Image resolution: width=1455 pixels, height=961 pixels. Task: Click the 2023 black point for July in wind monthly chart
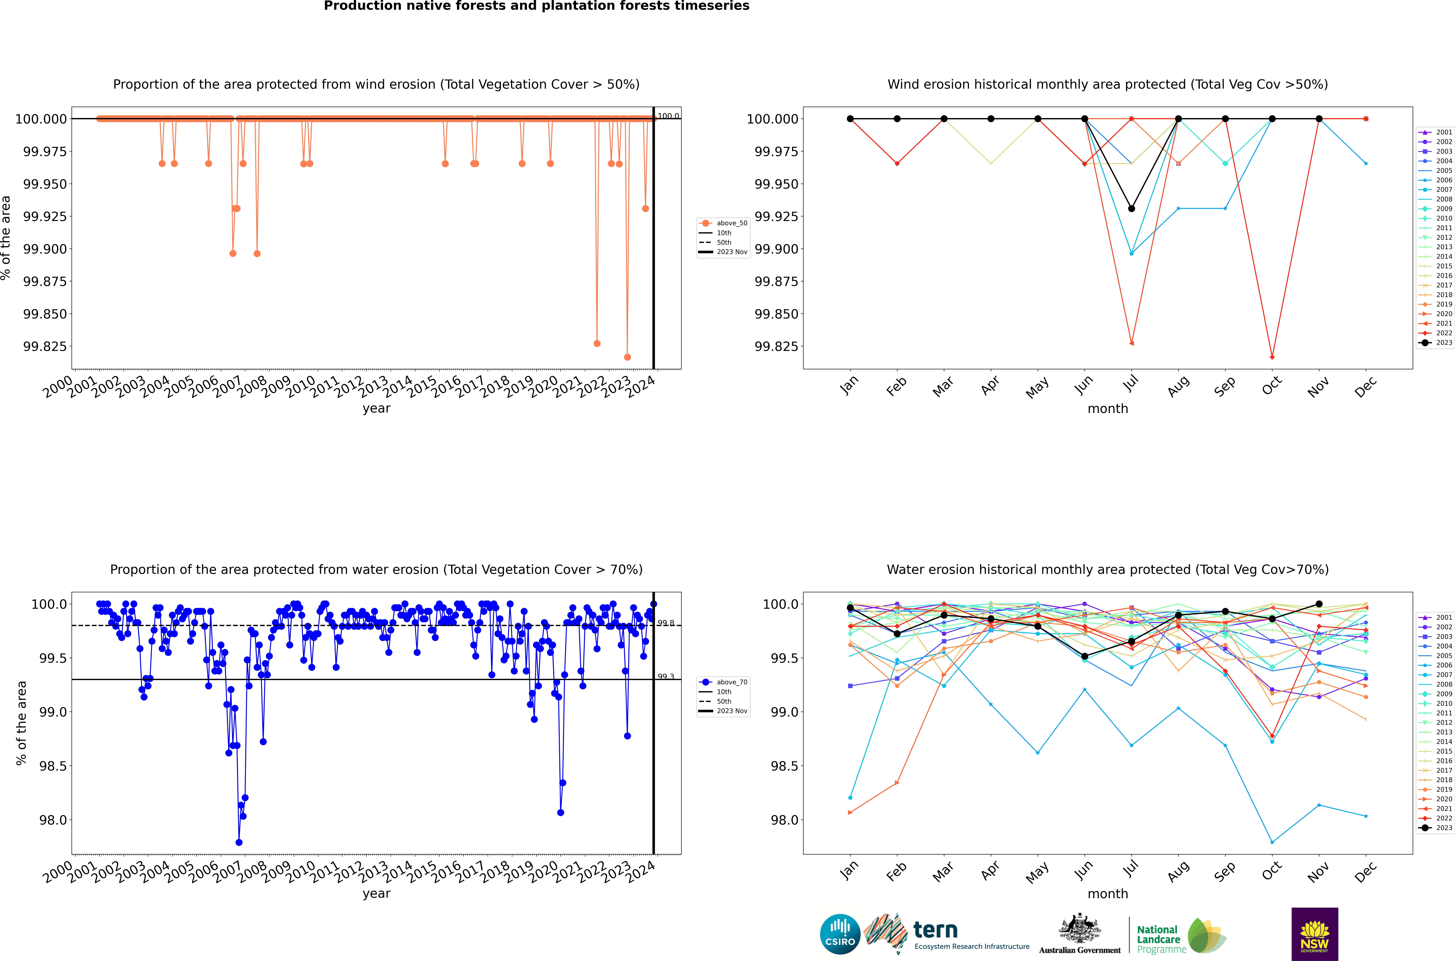1131,208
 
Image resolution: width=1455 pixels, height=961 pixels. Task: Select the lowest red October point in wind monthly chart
1272,357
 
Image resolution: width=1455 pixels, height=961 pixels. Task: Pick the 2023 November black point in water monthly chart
1319,604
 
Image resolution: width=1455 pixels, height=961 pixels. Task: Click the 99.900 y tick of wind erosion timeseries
45,249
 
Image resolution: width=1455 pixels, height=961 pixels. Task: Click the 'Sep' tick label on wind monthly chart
1224,386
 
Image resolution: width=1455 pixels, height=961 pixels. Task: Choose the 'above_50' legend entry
732,223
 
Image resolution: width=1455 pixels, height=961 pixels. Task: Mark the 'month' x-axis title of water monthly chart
1107,894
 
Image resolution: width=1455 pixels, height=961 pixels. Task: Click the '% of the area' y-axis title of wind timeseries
6,238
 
